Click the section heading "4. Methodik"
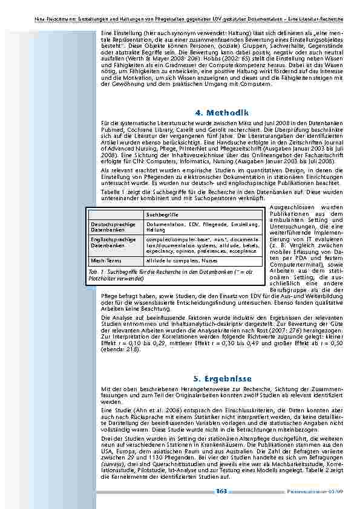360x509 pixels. pos(223,113)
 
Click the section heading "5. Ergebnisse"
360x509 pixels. pos(223,379)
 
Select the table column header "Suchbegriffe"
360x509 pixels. pos(160,215)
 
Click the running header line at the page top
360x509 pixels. pos(180,5)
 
